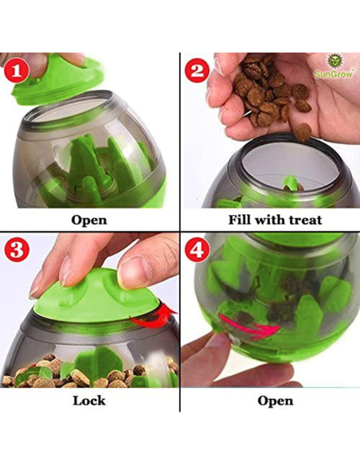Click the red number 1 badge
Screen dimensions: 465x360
[x=20, y=74]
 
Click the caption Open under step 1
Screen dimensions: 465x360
[x=89, y=220]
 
